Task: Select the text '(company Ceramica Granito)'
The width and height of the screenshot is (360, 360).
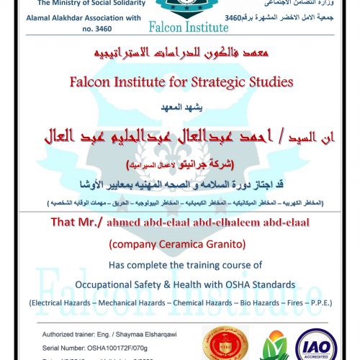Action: coord(179,243)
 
